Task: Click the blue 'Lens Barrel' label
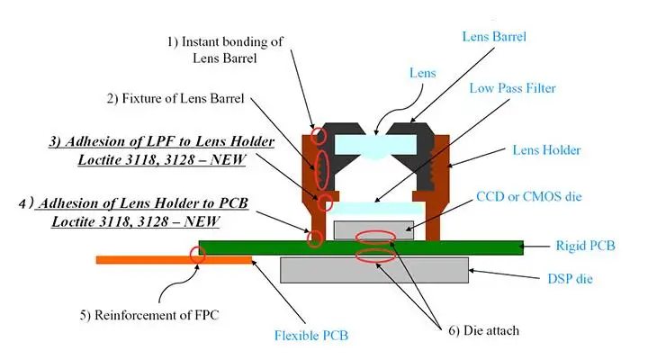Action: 493,37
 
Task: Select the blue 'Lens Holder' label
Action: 546,149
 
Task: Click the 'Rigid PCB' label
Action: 586,245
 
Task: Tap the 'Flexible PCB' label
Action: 311,337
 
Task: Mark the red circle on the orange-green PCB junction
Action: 198,256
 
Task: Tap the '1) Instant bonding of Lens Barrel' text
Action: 225,50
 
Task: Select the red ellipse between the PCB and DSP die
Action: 377,255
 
